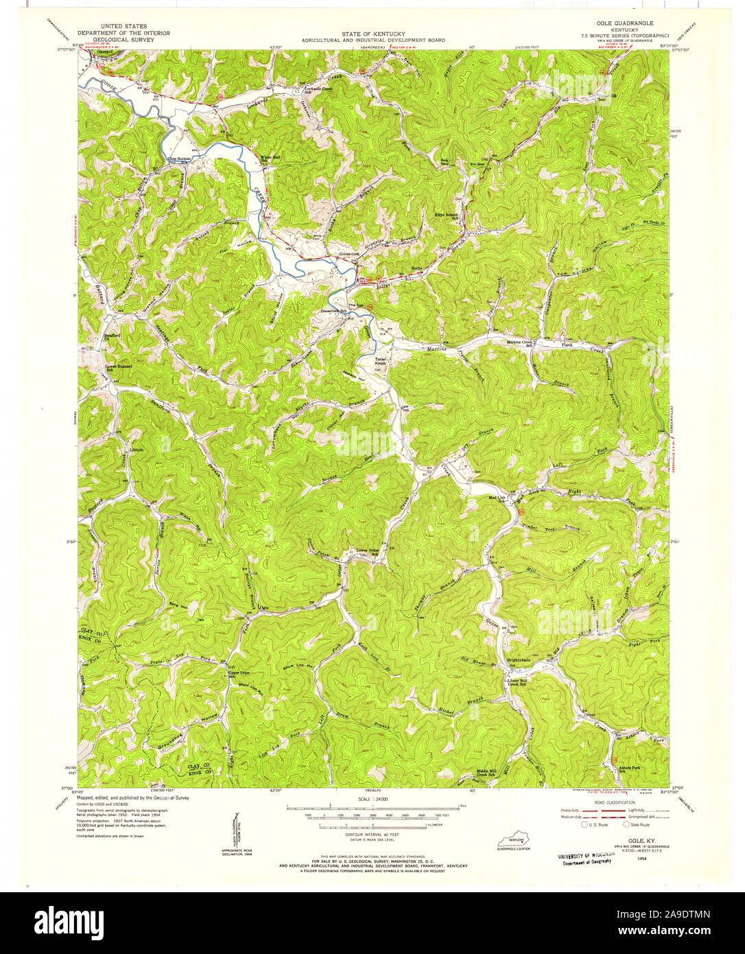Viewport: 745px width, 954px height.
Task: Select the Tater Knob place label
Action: point(382,360)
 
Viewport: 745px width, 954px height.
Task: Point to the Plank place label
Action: point(567,345)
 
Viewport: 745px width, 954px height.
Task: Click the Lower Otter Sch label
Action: point(367,551)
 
